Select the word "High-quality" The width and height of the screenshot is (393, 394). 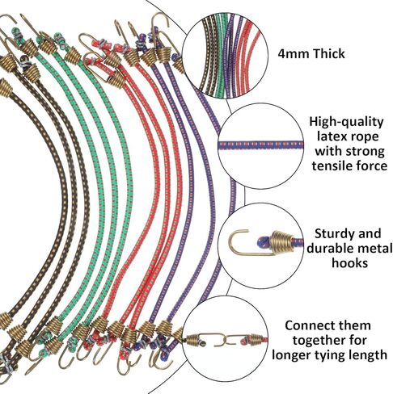coord(346,123)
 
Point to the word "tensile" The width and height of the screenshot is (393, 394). coord(333,166)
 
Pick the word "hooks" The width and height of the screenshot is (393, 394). coord(349,262)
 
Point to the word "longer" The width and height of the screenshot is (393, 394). coord(291,355)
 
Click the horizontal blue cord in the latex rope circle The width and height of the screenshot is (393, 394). coord(261,145)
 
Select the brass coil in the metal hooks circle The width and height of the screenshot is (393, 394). coord(281,241)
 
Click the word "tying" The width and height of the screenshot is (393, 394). coord(329,355)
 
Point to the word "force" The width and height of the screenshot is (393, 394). coord(372,166)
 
